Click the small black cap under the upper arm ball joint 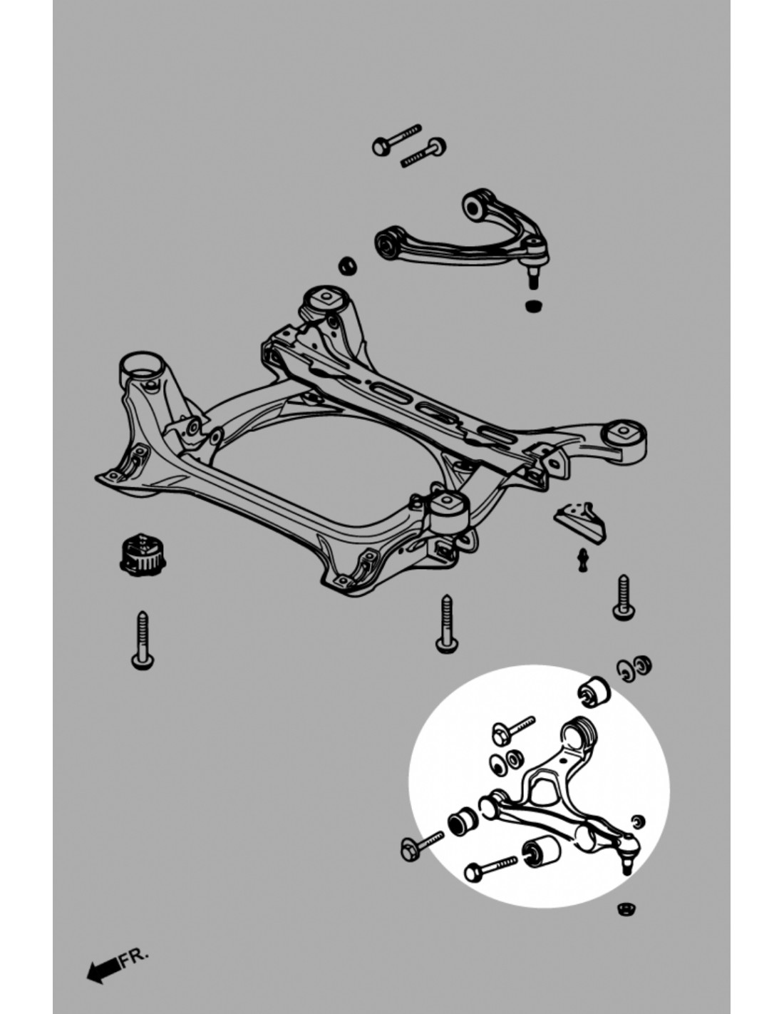(x=534, y=306)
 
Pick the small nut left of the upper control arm (x=348, y=265)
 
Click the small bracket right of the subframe (x=579, y=521)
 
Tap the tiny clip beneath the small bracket (x=582, y=560)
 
